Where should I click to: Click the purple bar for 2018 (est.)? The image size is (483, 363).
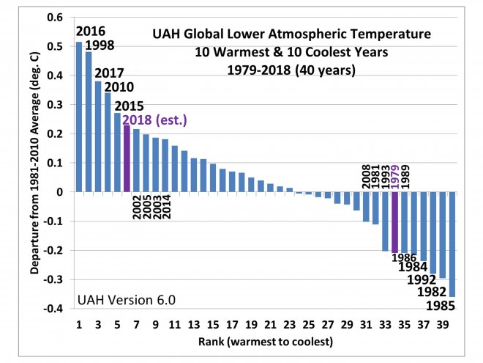point(127,158)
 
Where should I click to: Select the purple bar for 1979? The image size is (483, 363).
point(395,221)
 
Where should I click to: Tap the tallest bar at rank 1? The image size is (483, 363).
point(79,117)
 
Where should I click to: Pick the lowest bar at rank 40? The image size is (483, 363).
point(452,243)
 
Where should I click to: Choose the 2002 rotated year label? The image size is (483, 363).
point(136,208)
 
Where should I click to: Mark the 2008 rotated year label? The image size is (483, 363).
point(367,175)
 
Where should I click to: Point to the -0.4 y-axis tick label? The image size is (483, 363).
point(52,309)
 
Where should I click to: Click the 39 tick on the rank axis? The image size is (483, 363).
point(443,323)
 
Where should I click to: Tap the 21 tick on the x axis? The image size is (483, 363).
point(270,323)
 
